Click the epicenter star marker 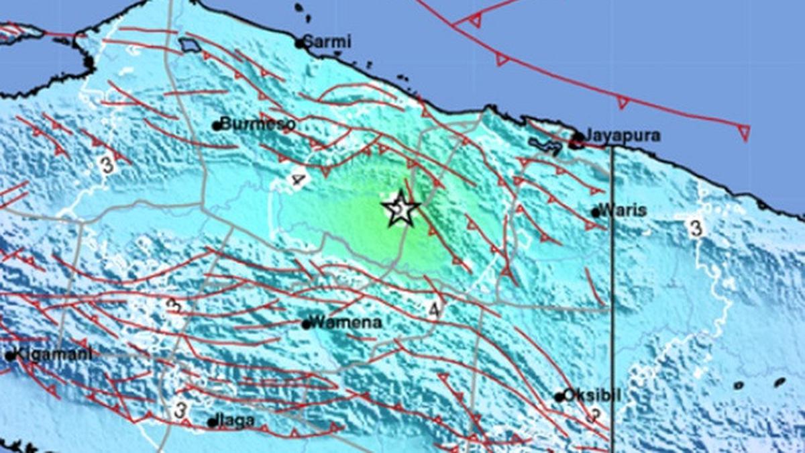(400, 209)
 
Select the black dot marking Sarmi (300, 44)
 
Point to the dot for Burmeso (216, 125)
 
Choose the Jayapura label (623, 136)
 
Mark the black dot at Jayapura (578, 138)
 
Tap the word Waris (624, 210)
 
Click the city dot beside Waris (596, 212)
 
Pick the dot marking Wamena (306, 325)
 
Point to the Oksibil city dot (559, 397)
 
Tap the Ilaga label (235, 421)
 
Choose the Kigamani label (51, 354)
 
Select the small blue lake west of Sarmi (191, 46)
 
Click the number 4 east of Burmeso (299, 179)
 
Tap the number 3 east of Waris (696, 228)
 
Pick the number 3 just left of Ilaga (180, 408)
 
